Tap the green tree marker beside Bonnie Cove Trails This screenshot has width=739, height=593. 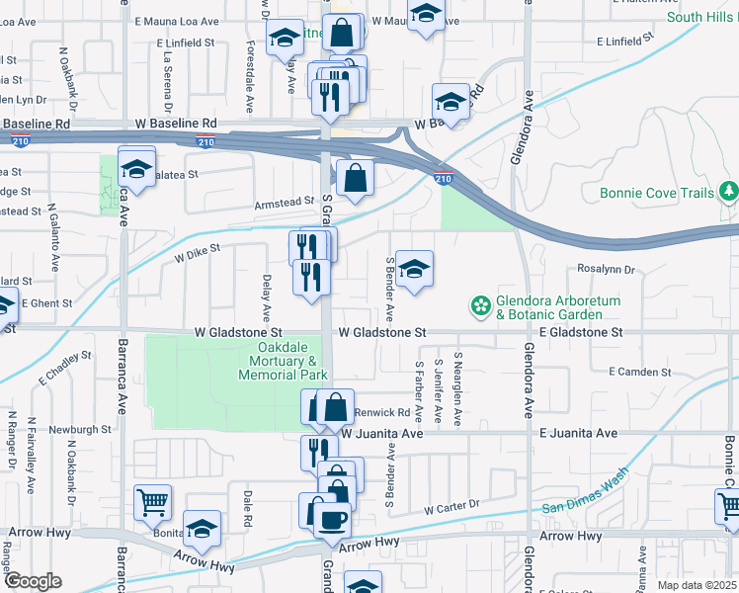coord(729,189)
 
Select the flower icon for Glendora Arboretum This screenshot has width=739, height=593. coord(481,306)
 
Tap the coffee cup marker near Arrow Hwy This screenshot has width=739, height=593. coord(332,517)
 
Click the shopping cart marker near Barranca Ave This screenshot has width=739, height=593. coord(153,502)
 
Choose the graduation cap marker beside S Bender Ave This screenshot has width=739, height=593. coord(415,268)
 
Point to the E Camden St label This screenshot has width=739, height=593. coord(640,372)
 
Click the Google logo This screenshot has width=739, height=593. coord(33,581)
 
